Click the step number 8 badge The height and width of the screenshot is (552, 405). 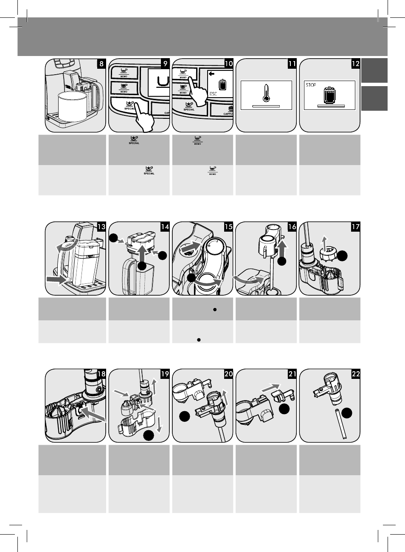coord(101,64)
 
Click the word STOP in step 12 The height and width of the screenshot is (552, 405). coord(311,85)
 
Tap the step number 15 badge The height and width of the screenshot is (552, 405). coord(228,227)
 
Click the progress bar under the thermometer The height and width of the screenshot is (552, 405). coord(266,105)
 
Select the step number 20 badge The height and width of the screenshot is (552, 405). coord(228,374)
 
